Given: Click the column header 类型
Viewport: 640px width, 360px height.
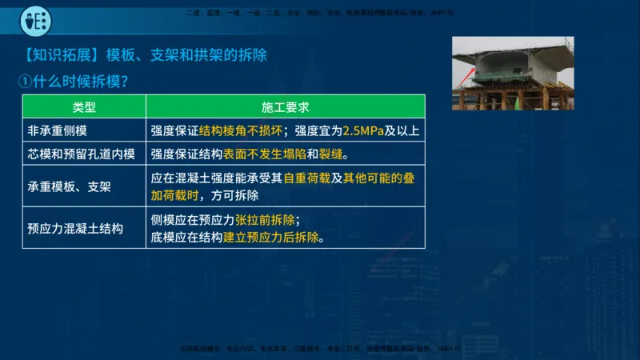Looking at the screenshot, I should click(84, 106).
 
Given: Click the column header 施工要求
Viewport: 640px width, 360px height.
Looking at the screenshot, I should click(286, 106).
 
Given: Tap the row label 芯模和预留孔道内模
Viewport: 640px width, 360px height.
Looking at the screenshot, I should click(82, 154).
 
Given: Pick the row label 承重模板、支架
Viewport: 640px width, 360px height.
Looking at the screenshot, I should click(69, 187).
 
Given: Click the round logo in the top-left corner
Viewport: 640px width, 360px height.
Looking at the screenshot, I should click(35, 20).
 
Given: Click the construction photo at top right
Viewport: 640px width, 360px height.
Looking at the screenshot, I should click(513, 74).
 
